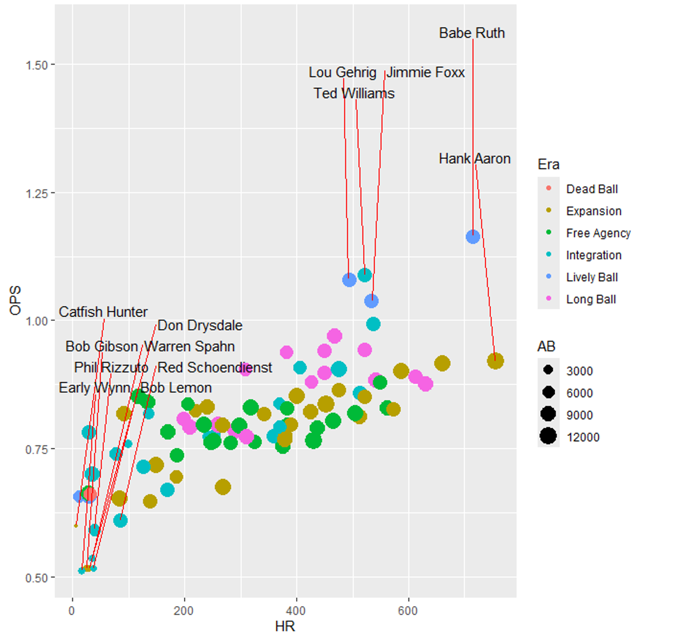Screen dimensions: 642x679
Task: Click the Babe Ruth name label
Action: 472,33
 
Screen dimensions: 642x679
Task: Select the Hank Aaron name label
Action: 474,159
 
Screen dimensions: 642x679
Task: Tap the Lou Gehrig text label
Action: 342,73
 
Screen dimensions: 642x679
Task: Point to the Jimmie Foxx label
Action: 425,73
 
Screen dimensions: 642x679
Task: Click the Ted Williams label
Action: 354,94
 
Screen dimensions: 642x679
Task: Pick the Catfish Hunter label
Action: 103,312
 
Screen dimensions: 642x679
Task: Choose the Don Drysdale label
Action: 200,326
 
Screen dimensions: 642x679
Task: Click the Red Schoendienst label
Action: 214,368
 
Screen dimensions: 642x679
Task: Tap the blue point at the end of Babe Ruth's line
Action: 473,236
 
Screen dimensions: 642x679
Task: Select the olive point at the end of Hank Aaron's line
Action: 495,361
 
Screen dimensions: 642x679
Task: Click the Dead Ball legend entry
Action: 592,189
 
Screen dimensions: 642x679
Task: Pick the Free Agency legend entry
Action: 598,234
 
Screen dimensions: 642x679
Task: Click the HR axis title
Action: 285,627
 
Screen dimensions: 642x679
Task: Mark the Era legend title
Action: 548,164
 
